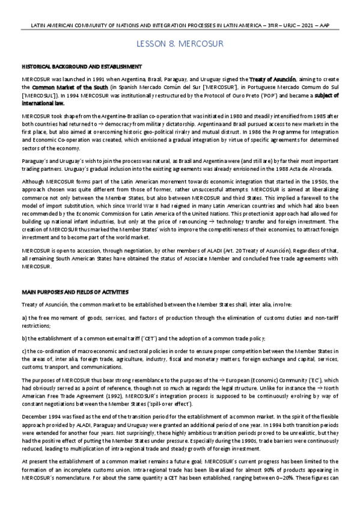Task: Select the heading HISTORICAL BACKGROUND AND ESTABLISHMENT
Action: (x=81, y=66)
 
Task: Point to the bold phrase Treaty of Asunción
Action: (x=268, y=79)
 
